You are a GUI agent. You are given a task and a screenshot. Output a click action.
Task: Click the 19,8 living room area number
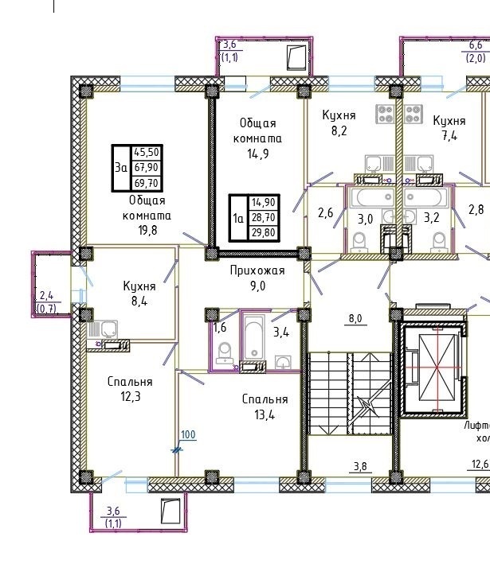(147, 230)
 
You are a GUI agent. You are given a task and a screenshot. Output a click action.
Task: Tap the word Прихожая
(257, 270)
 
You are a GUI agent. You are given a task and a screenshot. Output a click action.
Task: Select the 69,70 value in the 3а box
(147, 183)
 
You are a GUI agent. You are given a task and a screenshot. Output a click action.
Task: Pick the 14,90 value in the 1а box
(264, 202)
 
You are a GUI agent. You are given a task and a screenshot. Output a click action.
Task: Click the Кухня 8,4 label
(139, 294)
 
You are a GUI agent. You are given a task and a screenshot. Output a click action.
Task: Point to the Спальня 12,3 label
(130, 389)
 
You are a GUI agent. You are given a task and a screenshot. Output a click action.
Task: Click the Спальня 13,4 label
(265, 406)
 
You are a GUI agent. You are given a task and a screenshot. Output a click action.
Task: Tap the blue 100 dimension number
(188, 434)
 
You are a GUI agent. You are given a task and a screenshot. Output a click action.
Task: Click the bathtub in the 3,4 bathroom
(254, 337)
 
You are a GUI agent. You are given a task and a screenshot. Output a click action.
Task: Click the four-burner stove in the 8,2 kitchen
(386, 114)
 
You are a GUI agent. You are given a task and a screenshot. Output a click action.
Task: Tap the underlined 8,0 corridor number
(355, 319)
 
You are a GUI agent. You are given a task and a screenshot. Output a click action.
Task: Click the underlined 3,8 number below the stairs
(360, 466)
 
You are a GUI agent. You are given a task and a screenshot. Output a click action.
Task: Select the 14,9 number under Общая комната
(258, 154)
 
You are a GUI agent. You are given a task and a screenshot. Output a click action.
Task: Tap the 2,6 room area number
(326, 213)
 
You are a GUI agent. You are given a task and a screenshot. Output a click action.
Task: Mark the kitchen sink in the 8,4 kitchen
(109, 329)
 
